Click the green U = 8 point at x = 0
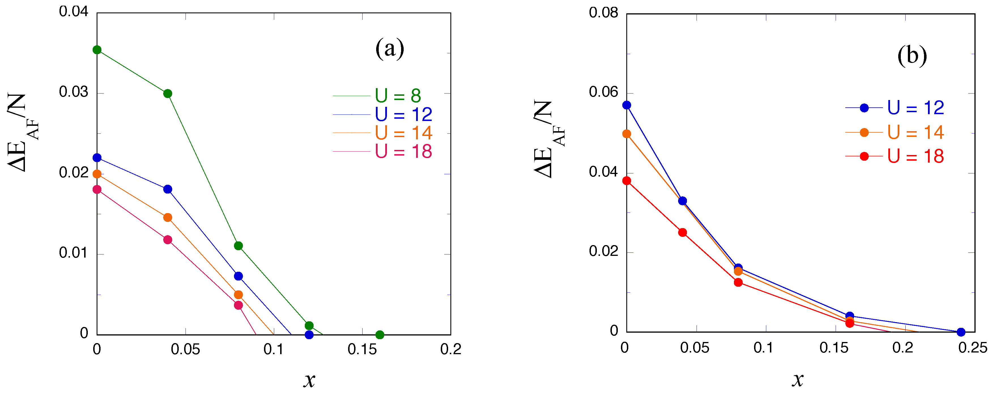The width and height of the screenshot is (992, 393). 97,50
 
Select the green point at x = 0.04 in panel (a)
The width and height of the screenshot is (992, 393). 167,94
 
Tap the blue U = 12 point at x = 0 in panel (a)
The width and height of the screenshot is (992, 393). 97,158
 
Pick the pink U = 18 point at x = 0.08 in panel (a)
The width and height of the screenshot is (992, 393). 239,305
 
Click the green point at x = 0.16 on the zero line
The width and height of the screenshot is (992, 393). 380,334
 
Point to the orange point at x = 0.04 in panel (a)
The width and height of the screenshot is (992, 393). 167,218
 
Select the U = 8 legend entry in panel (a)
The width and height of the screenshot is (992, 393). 398,95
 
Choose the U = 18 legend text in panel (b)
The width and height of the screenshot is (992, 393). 915,156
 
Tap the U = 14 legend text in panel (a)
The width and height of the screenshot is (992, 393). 403,133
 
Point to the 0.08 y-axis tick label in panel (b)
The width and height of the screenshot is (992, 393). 603,13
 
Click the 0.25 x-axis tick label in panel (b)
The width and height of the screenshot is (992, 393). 973,348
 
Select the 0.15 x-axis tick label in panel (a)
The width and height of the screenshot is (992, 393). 362,349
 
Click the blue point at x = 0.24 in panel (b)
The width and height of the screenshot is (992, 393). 961,332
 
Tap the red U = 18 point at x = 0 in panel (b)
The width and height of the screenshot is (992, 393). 627,181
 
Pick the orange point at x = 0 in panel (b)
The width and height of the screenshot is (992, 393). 627,134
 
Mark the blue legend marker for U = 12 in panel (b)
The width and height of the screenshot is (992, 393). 864,108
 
